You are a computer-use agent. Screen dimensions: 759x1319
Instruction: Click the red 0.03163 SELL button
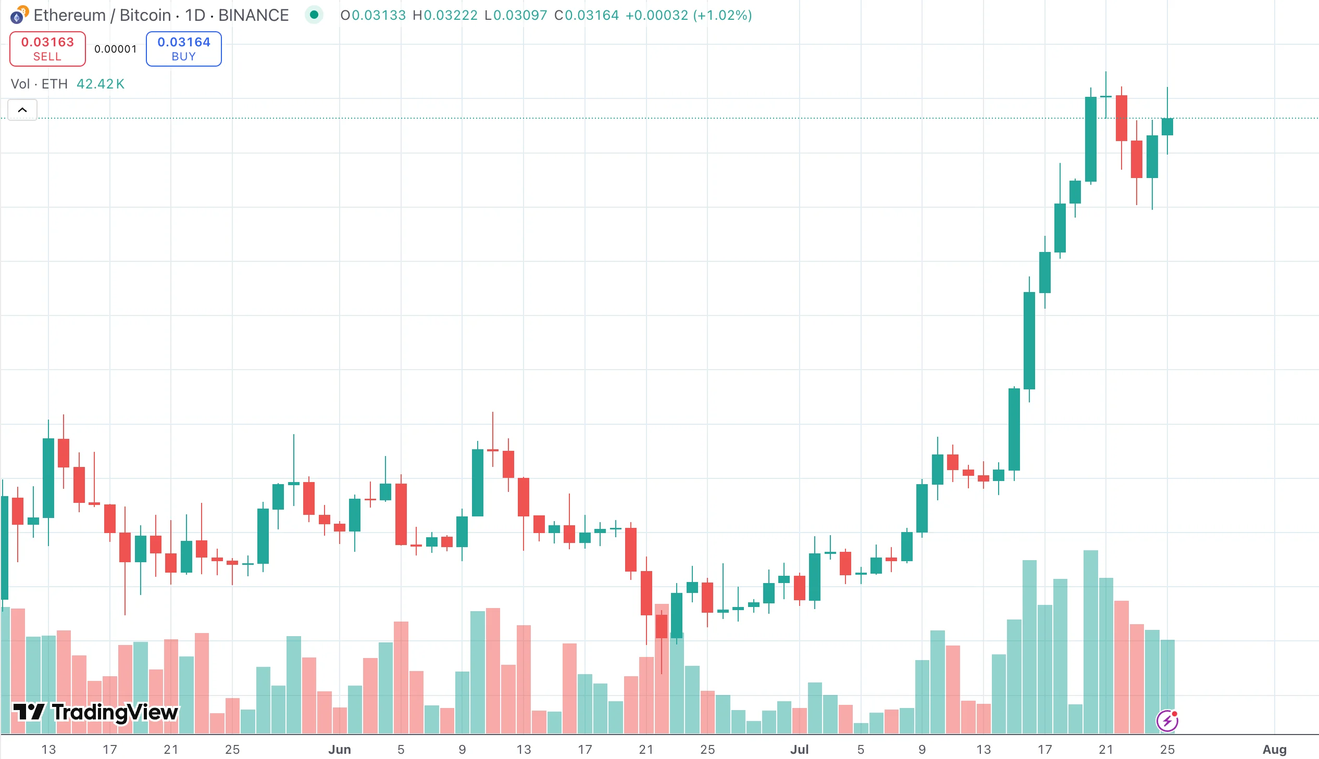47,48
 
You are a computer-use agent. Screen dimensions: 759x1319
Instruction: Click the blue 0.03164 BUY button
183,48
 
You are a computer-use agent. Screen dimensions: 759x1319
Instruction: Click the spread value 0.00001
115,49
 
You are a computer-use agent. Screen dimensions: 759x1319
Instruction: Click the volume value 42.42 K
100,84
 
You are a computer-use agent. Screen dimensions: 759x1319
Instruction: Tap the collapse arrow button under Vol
22,110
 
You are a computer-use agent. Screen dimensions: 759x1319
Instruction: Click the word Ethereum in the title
69,15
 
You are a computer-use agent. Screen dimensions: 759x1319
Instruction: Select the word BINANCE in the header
254,15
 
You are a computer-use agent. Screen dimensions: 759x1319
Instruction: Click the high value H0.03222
445,15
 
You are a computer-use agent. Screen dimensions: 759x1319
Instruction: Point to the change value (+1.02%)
723,15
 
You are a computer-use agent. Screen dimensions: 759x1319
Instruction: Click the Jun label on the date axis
340,749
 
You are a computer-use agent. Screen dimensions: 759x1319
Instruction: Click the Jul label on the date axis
799,749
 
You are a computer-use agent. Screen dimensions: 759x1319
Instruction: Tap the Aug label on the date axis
1274,749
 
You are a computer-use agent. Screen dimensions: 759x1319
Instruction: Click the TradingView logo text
115,712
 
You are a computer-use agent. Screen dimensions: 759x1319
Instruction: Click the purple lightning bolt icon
1167,721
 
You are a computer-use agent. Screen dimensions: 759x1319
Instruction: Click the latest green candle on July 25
1167,126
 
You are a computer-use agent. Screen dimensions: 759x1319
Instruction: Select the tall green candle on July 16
1029,340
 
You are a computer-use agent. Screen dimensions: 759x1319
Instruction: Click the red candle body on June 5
401,514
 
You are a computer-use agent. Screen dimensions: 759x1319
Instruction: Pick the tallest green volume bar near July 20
1090,641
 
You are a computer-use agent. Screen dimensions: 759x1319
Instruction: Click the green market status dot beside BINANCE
314,15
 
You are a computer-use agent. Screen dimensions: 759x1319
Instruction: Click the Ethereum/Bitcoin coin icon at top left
19,15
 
